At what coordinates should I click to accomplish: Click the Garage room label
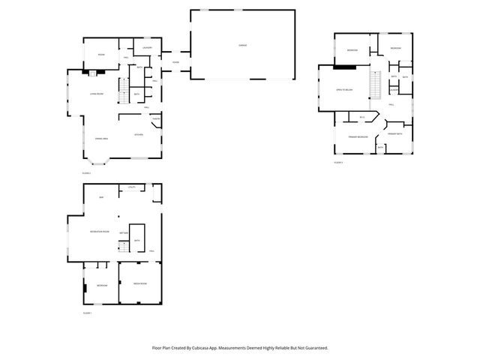click(243, 46)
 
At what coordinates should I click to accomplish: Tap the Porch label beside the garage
click(175, 61)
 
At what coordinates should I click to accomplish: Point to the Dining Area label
click(101, 139)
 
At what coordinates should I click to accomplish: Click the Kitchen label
click(139, 135)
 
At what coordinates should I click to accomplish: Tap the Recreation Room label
click(100, 231)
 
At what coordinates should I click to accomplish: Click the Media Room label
click(140, 284)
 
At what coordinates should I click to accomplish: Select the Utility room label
click(131, 187)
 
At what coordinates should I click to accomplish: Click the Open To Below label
click(344, 90)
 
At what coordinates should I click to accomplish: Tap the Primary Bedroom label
click(358, 136)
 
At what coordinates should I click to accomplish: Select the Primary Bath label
click(395, 133)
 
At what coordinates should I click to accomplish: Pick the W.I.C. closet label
click(362, 117)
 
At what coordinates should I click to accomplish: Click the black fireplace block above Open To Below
click(344, 67)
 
